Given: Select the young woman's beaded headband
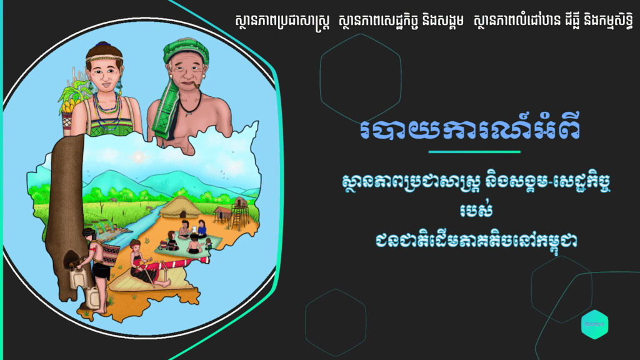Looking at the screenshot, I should coord(104,60).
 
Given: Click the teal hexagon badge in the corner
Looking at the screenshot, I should coord(594,324).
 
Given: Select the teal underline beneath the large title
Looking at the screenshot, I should coord(474,152).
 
